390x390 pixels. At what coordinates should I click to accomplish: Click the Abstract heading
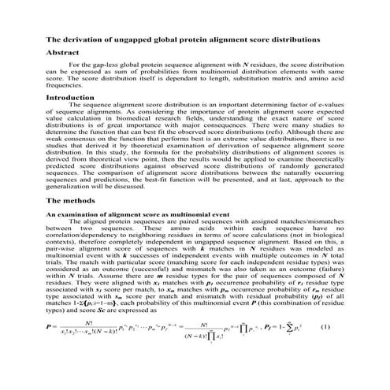click(65, 53)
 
